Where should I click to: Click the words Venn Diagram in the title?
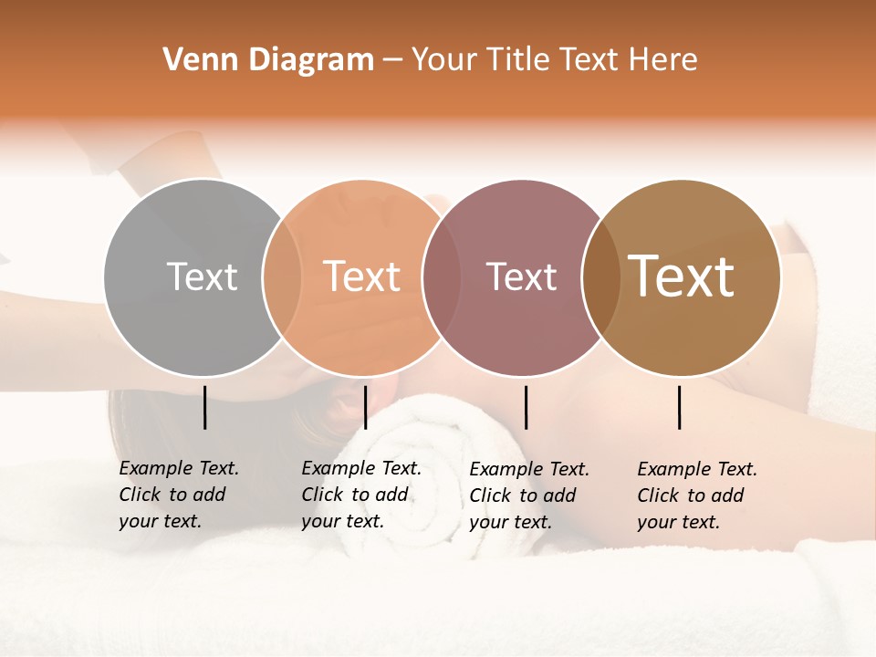268,60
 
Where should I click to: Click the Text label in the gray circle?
202,276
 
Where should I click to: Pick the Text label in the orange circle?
362,276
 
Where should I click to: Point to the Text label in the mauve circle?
521,276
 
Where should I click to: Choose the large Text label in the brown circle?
681,276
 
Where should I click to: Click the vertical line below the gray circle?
205,407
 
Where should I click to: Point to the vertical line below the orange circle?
365,407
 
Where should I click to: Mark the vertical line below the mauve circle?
526,407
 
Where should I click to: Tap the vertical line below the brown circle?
680,407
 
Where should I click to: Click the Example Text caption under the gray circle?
178,495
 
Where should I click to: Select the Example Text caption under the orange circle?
360,495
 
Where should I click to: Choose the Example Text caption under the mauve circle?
528,495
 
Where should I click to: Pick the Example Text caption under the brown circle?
696,495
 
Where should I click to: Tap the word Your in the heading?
443,60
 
